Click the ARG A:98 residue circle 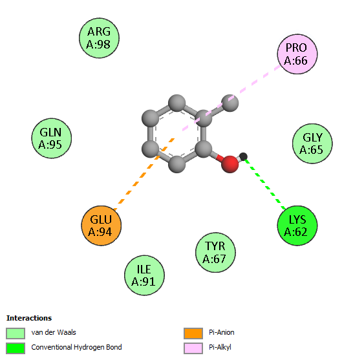click(99, 38)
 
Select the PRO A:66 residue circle click(297, 54)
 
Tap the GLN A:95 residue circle click(52, 138)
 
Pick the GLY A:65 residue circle click(312, 143)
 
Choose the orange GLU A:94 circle click(102, 226)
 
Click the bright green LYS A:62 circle click(297, 226)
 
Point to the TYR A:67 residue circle click(215, 252)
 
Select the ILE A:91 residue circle click(144, 275)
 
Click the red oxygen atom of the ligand click(230, 164)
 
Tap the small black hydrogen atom click(243, 156)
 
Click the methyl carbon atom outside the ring click(230, 103)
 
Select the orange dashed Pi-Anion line click(144, 174)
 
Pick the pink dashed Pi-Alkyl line click(231, 98)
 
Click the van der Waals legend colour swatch click(16, 334)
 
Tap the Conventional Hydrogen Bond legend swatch click(16, 348)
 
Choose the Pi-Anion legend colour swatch click(193, 334)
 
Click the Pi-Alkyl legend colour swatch click(193, 348)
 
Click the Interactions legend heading click(29, 318)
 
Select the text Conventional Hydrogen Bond click(76, 347)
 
